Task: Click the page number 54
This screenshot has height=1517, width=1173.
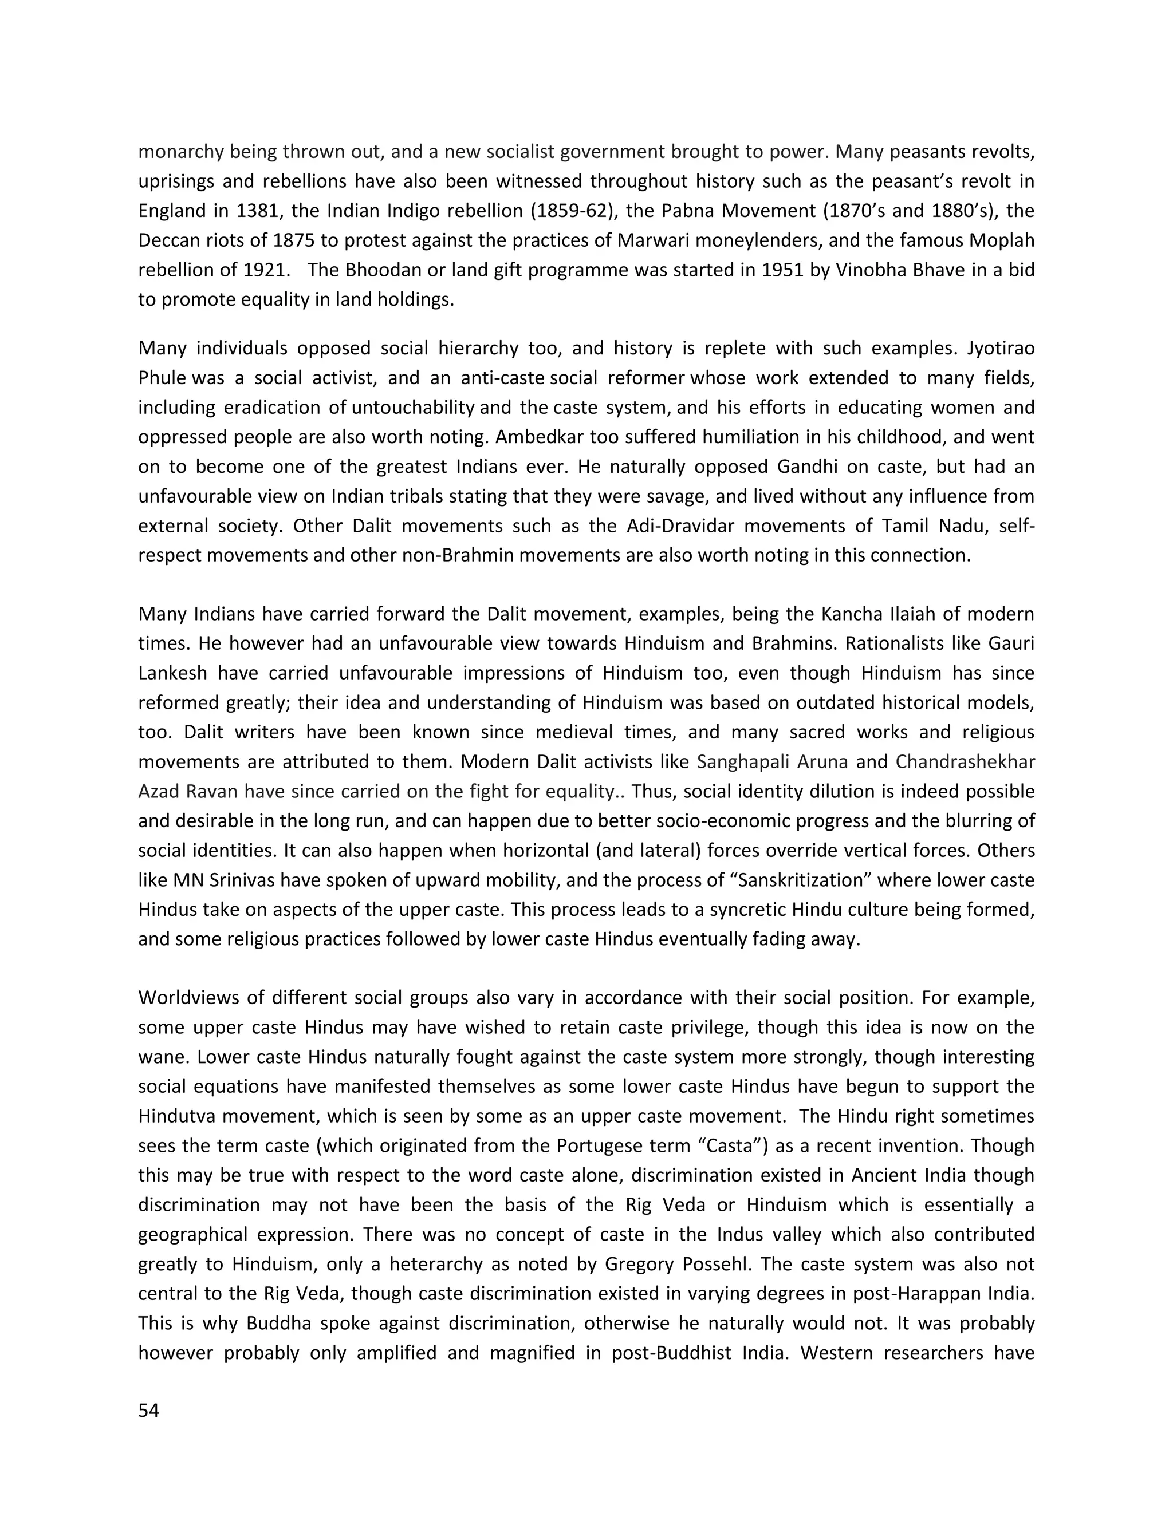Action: coord(149,1411)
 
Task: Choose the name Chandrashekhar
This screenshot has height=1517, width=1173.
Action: coord(965,762)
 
